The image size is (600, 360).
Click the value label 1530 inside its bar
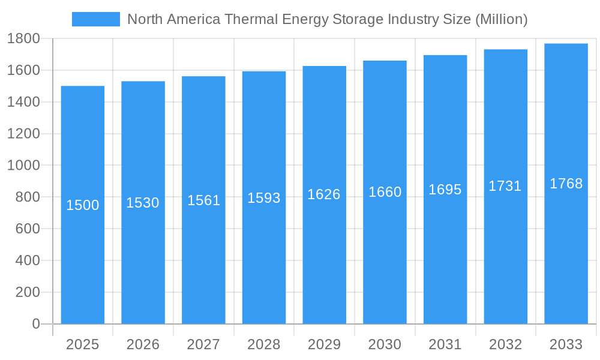click(143, 203)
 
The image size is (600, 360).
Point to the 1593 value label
click(264, 198)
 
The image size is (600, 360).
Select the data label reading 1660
click(385, 192)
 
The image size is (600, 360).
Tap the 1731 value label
click(505, 186)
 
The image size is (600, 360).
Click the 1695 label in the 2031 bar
click(445, 190)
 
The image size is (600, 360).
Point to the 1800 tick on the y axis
click(23, 39)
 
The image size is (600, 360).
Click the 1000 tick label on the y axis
click(23, 166)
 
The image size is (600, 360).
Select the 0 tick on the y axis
click(35, 324)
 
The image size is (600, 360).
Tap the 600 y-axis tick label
click(27, 229)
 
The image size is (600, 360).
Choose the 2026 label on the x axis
click(143, 344)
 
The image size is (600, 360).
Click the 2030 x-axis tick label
click(385, 344)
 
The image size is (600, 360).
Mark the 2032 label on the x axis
click(505, 344)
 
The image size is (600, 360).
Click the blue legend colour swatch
click(96, 19)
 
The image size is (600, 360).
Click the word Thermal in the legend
click(246, 19)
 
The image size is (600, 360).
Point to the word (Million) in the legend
click(501, 19)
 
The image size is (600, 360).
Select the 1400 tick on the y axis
click(23, 102)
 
